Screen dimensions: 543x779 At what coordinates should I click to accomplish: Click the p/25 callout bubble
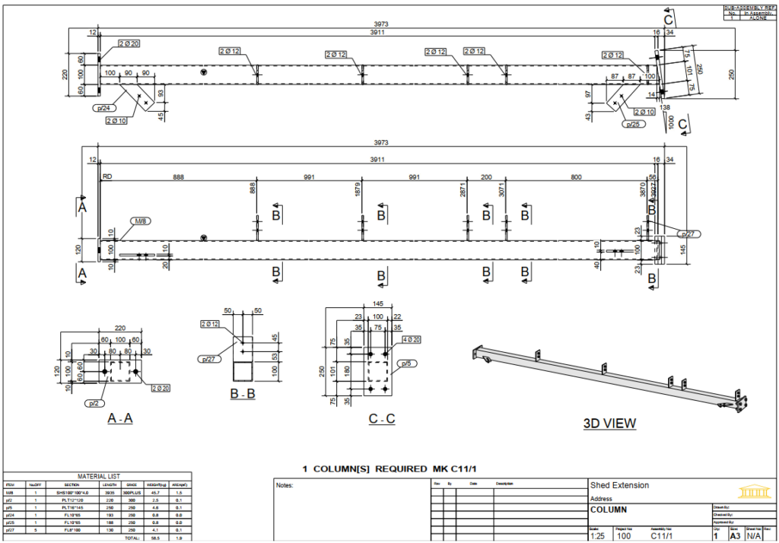tap(631, 123)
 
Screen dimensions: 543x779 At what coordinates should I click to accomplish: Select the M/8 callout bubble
tap(141, 221)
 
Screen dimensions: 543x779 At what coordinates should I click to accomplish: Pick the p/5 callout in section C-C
tap(408, 363)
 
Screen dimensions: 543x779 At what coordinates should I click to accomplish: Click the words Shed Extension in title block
tap(619, 485)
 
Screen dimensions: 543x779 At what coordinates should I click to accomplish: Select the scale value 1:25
tap(598, 536)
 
